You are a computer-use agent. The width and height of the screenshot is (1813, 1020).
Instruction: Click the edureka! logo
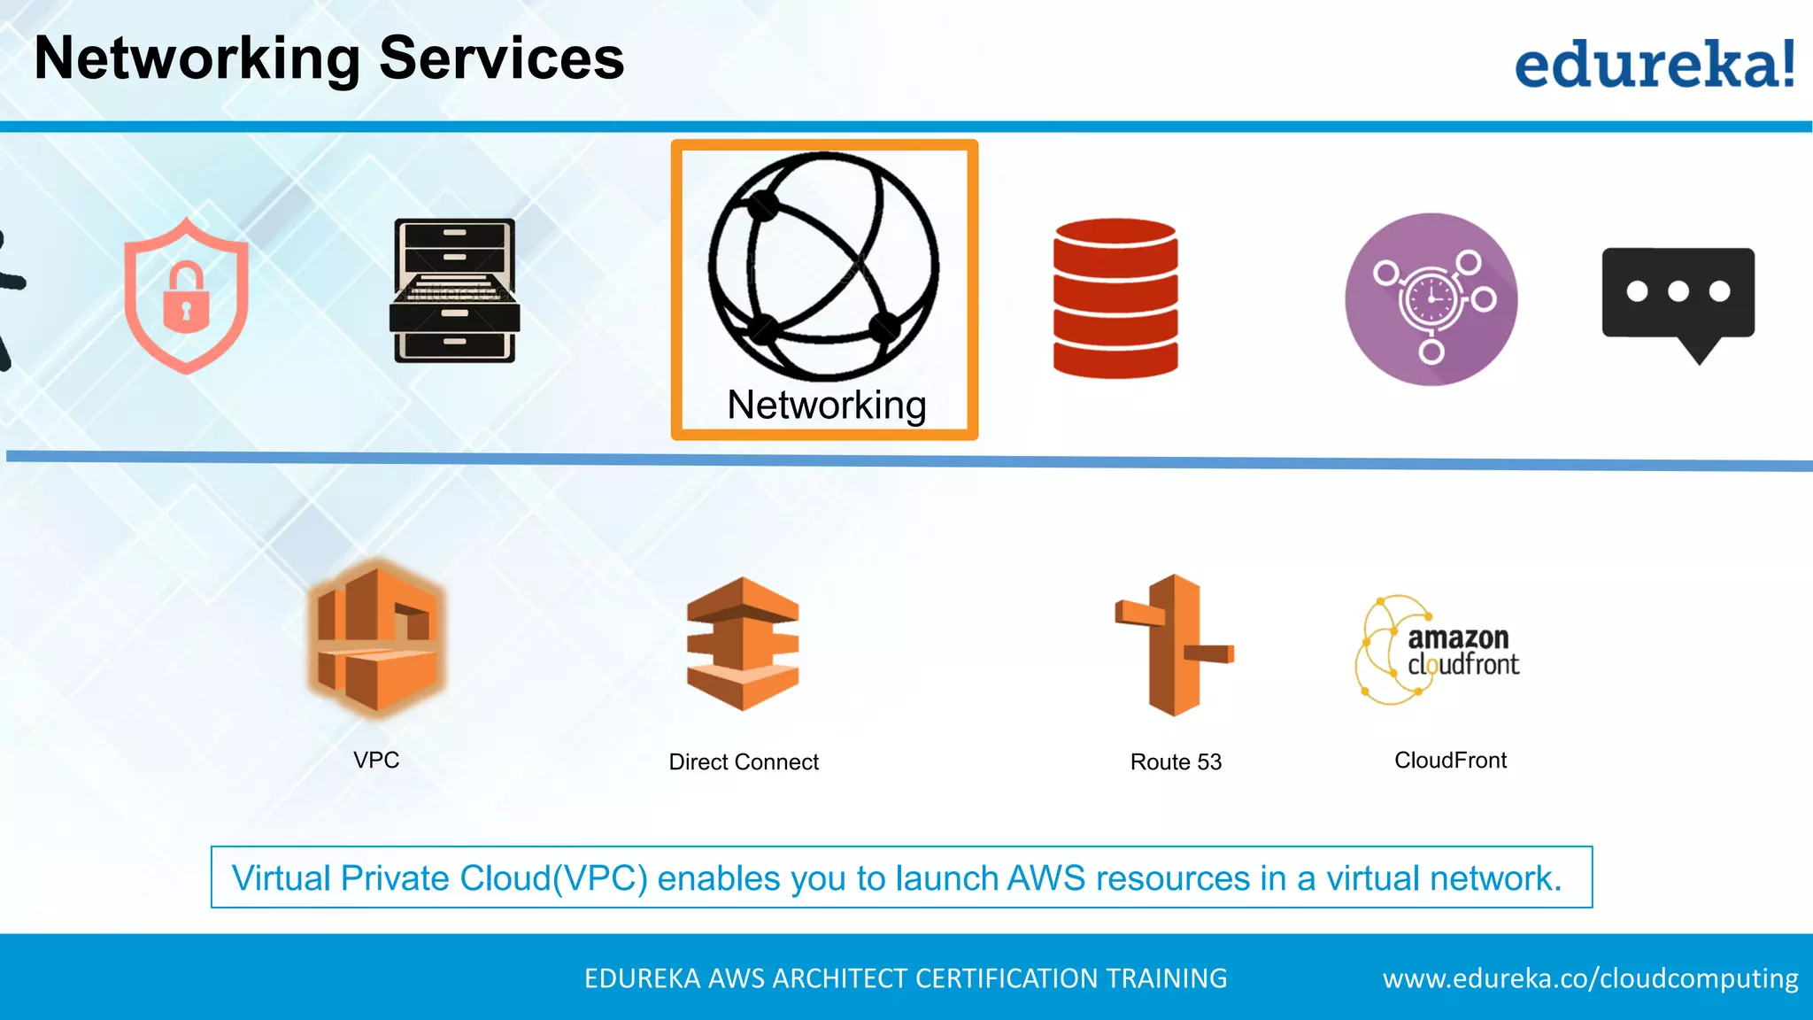(x=1654, y=64)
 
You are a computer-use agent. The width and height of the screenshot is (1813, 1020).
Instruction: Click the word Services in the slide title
(x=501, y=58)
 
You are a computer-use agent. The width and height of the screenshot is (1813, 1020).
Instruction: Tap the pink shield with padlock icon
(x=186, y=296)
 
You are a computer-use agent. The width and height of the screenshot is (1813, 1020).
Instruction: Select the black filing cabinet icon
(x=454, y=290)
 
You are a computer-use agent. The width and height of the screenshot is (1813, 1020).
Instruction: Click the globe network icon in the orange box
(x=823, y=266)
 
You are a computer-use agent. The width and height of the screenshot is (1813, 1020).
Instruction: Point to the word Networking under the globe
(x=826, y=406)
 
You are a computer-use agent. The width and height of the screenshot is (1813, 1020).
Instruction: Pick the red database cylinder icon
(x=1115, y=298)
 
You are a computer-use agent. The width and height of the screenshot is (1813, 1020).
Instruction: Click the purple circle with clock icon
(x=1431, y=299)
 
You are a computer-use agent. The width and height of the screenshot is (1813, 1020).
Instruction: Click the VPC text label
(x=376, y=760)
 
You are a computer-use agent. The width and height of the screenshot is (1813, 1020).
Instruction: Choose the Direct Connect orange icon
(x=743, y=644)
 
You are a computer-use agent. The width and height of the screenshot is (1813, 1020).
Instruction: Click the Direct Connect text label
(x=744, y=761)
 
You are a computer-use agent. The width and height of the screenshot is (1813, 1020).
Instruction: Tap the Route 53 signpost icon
(x=1175, y=645)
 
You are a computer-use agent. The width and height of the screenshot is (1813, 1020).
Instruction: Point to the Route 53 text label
(x=1176, y=761)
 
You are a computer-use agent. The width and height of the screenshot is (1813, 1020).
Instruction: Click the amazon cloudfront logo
(x=1438, y=650)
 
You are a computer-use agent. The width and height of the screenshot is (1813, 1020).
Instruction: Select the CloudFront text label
(x=1450, y=760)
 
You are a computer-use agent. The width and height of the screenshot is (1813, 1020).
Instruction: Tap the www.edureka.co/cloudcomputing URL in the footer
(x=1590, y=978)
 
